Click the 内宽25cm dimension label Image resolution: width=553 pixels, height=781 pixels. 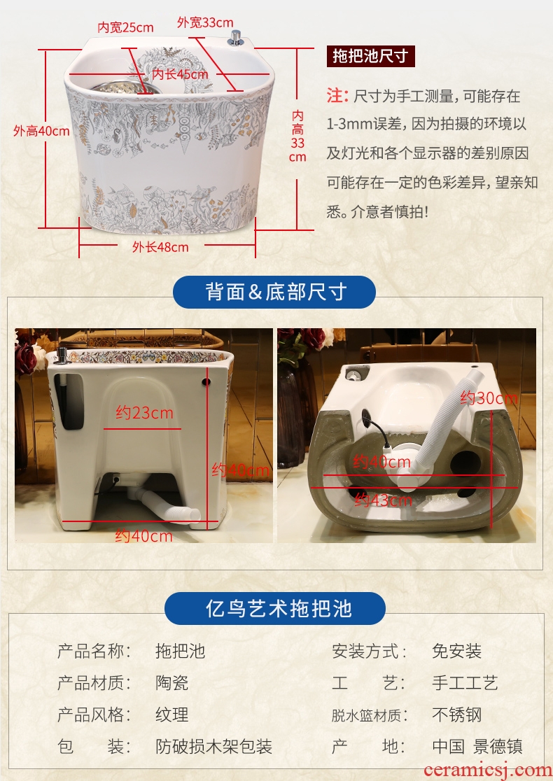pos(125,27)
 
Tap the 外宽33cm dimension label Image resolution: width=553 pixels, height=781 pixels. pos(205,22)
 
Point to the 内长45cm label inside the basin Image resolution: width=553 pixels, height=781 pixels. pos(180,74)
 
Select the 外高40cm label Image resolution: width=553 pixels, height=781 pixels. pos(41,131)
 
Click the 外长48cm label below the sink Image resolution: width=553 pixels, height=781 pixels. pos(160,246)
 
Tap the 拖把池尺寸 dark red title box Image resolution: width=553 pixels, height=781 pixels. pos(371,56)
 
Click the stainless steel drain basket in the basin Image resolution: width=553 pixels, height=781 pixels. pos(126,88)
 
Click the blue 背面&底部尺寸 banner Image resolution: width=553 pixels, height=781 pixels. pos(274,292)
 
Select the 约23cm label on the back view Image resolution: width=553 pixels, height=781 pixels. pos(144,413)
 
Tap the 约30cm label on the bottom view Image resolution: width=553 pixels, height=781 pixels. pos(489,398)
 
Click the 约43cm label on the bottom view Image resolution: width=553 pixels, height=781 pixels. pos(383,500)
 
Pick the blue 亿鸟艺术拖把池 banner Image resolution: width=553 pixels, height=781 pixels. pos(275,608)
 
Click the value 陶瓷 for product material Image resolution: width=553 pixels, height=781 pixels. pos(172,683)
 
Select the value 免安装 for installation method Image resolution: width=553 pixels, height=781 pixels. pos(457,651)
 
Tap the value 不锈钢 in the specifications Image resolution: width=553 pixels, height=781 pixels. pos(457,715)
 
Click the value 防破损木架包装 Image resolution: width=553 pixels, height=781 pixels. pos(213,747)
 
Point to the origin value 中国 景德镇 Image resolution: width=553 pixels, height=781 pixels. pos(477,747)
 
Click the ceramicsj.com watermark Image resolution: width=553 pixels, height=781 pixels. pos(488,770)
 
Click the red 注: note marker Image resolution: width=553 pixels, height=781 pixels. pos(337,95)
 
